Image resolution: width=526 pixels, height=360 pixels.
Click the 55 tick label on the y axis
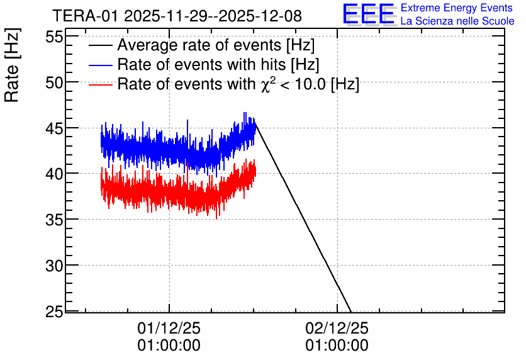[54, 37]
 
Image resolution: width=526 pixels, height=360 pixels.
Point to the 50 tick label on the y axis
[54, 82]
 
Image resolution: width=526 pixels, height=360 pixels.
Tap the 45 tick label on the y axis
[54, 128]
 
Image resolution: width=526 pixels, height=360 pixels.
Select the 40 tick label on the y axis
[54, 174]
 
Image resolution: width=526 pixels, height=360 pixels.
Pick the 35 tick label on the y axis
[54, 220]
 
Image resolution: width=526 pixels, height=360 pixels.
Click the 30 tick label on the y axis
[54, 266]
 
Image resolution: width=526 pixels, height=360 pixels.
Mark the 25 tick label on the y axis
[54, 312]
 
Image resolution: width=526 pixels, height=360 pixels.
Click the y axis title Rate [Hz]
[12, 65]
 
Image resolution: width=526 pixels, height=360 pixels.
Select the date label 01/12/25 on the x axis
[169, 328]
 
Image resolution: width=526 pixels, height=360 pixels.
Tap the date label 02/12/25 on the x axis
[337, 328]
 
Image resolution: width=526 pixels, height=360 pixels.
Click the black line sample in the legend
[100, 45]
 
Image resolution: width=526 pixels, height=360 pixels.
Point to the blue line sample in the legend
[100, 65]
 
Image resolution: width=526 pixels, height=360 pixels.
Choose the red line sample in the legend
[100, 84]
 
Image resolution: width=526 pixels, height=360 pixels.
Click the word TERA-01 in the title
[86, 16]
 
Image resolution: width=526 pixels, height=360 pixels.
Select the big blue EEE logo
[369, 14]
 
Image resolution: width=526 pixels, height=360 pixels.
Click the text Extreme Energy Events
[457, 8]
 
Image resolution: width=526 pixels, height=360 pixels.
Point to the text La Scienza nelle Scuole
[457, 21]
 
